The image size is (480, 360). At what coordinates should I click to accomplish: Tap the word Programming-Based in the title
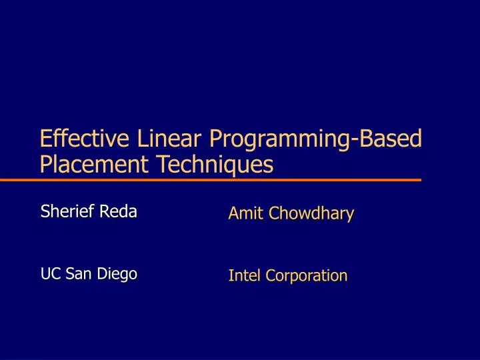(x=315, y=139)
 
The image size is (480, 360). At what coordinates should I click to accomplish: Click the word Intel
(x=243, y=275)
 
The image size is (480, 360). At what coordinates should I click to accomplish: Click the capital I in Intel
(x=231, y=275)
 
